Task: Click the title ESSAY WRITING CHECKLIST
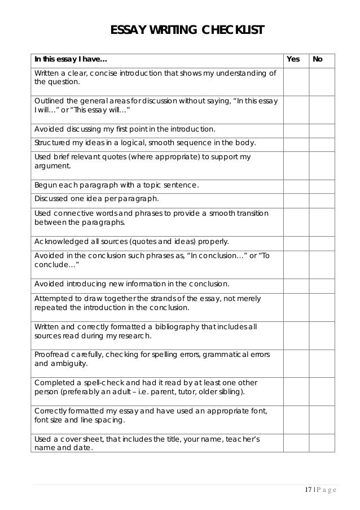coord(187,29)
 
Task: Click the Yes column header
coord(293,59)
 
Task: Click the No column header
coord(318,59)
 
